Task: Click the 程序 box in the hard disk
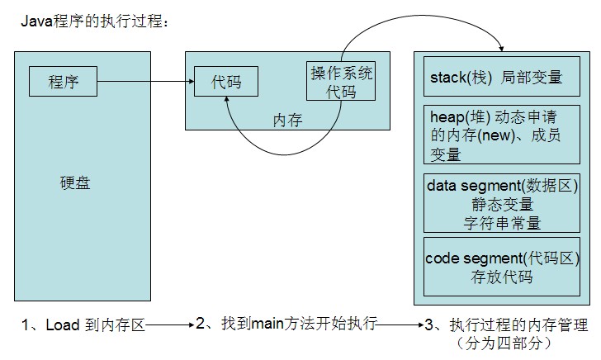pyautogui.click(x=64, y=82)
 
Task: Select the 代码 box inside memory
pyautogui.click(x=225, y=83)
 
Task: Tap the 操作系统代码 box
pyautogui.click(x=341, y=83)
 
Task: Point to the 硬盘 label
pyautogui.click(x=75, y=183)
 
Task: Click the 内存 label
pyautogui.click(x=287, y=121)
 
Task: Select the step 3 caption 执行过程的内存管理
pyautogui.click(x=507, y=325)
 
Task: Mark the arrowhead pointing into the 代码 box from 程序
pyautogui.click(x=189, y=82)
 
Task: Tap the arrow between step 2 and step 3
pyautogui.click(x=401, y=325)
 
